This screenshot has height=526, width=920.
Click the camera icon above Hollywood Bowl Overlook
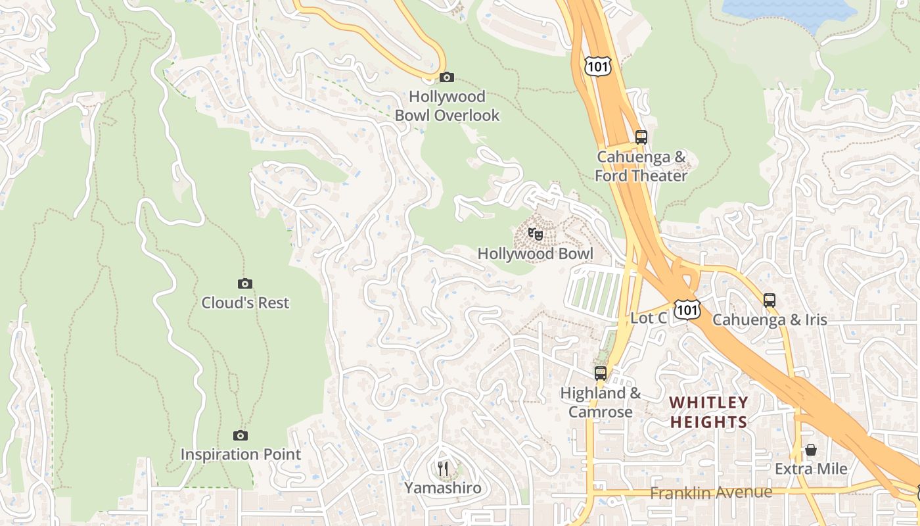tap(446, 78)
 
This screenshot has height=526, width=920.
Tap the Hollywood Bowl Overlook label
tap(447, 106)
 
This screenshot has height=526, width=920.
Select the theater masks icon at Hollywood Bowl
tap(536, 234)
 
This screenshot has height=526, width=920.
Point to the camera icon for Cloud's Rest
tap(244, 283)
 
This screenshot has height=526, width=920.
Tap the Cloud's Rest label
tap(245, 303)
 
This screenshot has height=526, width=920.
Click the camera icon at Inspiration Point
tap(241, 435)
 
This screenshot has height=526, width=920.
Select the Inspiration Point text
tap(241, 454)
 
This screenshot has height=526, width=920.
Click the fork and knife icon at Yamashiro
tap(443, 469)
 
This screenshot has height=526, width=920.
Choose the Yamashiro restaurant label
tap(443, 489)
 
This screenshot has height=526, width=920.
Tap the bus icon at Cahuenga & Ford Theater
tap(641, 137)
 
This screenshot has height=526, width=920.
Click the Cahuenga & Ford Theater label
tap(641, 166)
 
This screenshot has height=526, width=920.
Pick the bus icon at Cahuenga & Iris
tap(770, 300)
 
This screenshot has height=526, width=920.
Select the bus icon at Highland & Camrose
tap(601, 373)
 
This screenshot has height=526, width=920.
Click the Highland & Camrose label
tap(600, 402)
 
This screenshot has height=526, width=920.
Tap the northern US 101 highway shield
tap(597, 66)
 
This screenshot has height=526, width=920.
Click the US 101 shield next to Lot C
tap(687, 310)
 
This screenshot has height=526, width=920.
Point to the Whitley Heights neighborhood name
tap(708, 412)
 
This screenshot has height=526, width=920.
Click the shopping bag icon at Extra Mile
tap(811, 450)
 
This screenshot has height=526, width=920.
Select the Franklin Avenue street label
tap(711, 492)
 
